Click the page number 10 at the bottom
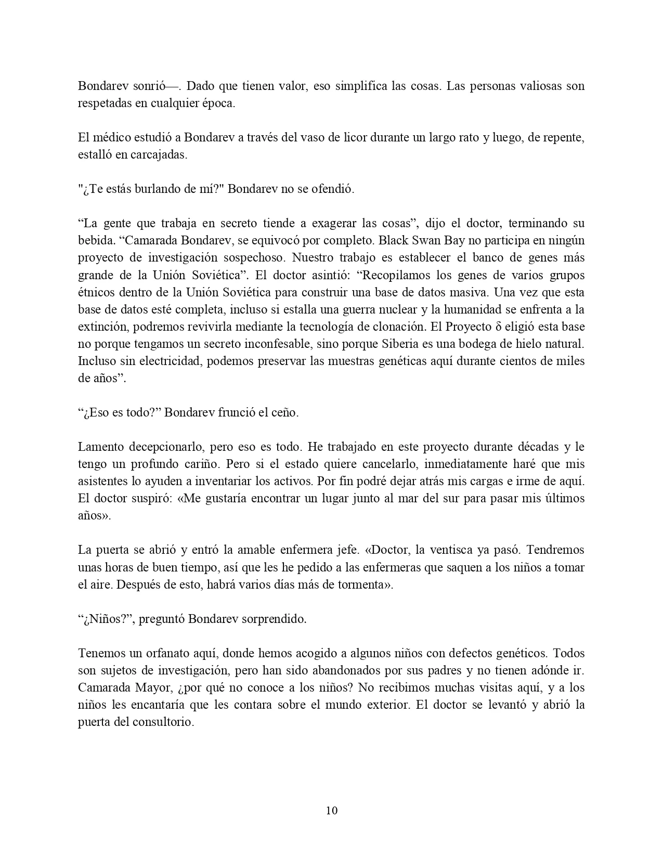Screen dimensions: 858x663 pyautogui.click(x=332, y=810)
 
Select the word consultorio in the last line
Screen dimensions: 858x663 pyautogui.click(x=163, y=722)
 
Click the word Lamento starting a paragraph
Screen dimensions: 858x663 pyautogui.click(x=99, y=447)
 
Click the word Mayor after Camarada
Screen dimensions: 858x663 pyautogui.click(x=150, y=687)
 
